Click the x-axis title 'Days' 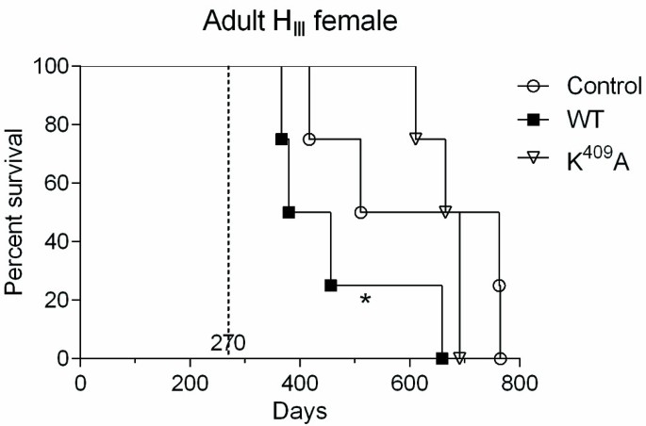(300, 411)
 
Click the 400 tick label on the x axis (300, 384)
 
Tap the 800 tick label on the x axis (520, 384)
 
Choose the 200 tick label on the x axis (190, 384)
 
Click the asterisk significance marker (366, 300)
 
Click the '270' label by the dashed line (229, 343)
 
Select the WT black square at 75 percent (281, 139)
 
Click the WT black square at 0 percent (441, 358)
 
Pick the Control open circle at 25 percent (499, 285)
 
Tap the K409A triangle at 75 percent (415, 139)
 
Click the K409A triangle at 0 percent (459, 358)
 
